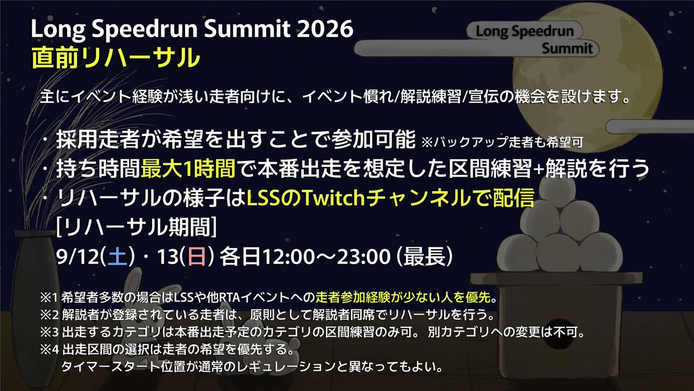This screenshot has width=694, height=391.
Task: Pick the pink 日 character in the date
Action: coord(197,255)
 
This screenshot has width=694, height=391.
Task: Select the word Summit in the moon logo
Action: coord(567,48)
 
